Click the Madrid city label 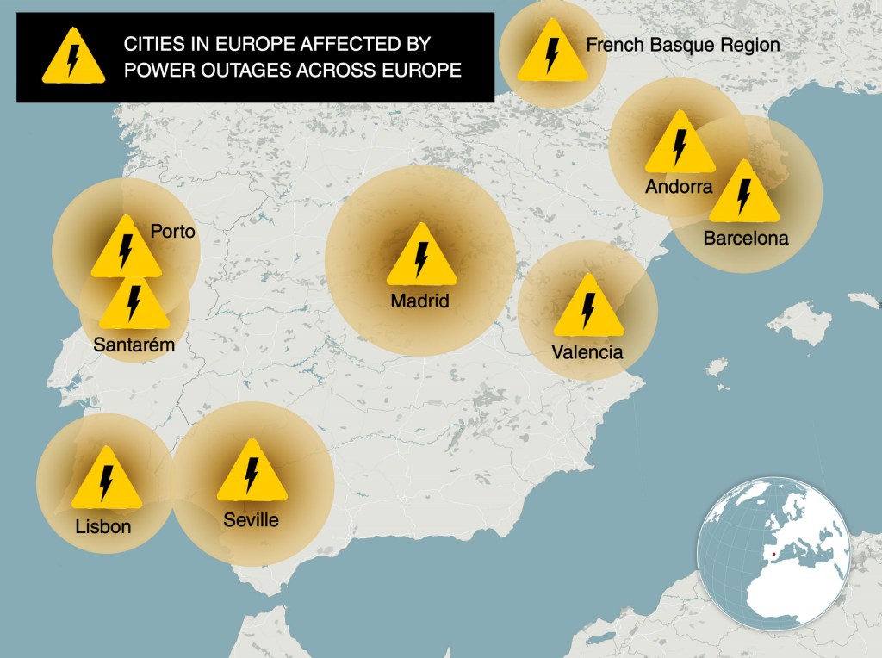[420, 301]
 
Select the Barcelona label [746, 238]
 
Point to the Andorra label [679, 187]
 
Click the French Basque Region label [683, 45]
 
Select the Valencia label [587, 351]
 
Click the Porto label [173, 232]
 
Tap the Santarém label [134, 345]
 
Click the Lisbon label [103, 525]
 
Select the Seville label [251, 519]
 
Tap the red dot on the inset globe [773, 554]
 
